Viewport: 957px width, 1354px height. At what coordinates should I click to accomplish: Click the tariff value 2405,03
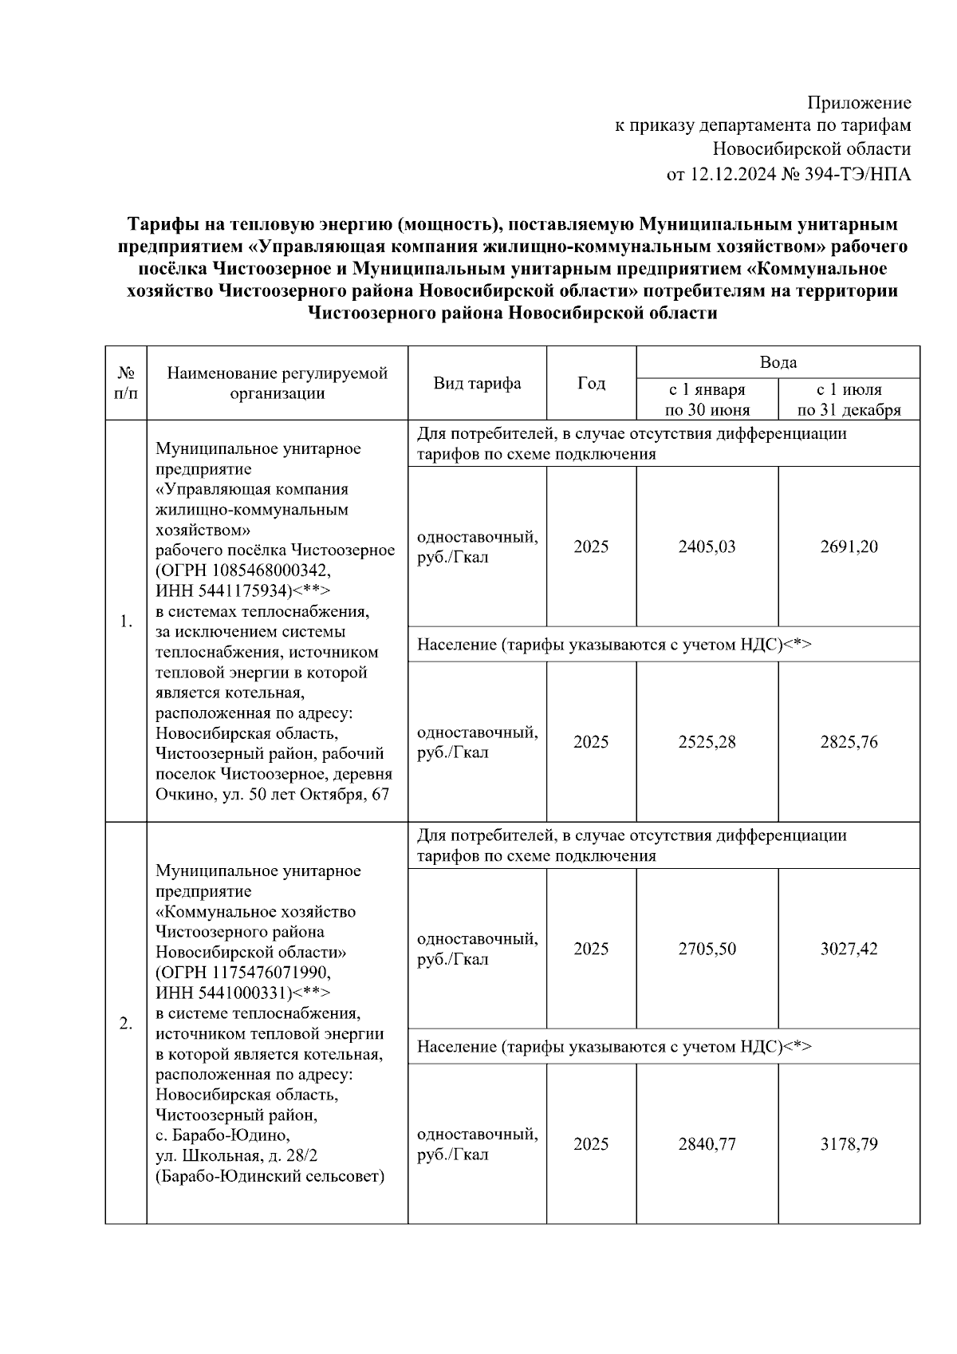pos(707,547)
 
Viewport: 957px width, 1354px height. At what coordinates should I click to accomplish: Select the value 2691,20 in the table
pos(849,547)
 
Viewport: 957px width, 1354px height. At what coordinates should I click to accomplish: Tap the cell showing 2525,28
pos(707,742)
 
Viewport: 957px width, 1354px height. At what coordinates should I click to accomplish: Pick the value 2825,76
pos(849,742)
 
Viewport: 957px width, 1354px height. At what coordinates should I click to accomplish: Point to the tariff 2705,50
pos(707,949)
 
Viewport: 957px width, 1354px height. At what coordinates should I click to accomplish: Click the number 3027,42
pos(849,949)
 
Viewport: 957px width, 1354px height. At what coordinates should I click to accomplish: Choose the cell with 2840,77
pos(707,1144)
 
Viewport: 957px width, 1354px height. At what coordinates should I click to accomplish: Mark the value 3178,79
pos(849,1144)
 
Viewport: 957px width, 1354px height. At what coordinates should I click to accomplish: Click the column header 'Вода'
pos(778,362)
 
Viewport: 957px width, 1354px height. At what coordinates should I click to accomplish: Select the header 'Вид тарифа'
pos(477,383)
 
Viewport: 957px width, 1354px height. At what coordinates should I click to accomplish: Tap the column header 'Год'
pos(591,383)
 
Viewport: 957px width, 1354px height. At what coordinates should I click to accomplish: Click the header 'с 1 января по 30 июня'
pos(707,400)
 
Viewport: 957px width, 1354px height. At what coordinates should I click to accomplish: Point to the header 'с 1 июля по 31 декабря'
pos(849,400)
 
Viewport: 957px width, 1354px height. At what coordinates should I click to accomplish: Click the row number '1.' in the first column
pos(126,622)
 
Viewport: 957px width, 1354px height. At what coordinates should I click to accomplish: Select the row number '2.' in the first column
pos(126,1024)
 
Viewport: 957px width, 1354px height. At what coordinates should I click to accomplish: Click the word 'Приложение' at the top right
pos(859,103)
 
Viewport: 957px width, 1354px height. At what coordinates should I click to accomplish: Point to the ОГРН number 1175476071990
pos(271,973)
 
